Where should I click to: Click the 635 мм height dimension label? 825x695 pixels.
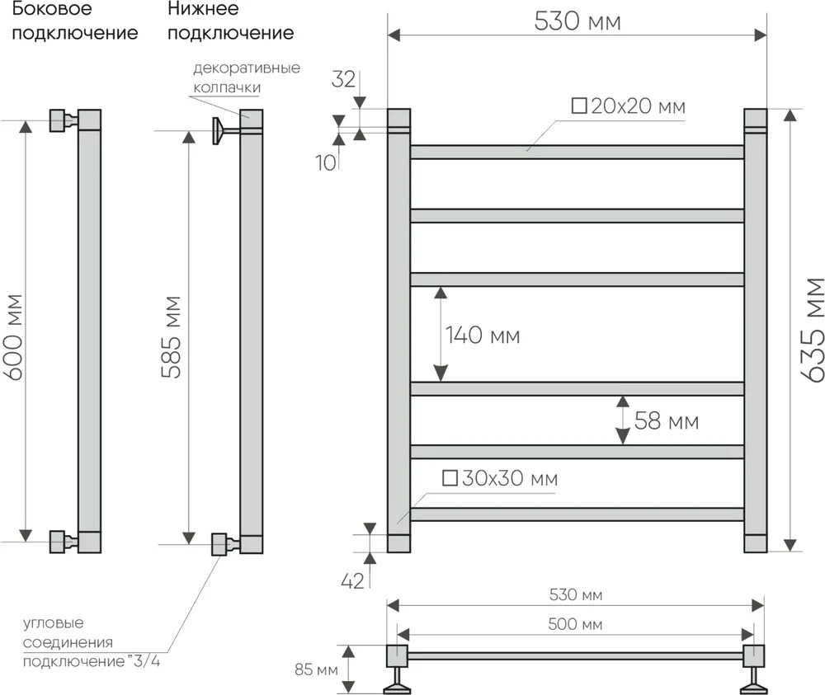(810, 330)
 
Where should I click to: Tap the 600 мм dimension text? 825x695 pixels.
(14, 337)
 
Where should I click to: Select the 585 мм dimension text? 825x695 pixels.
(171, 337)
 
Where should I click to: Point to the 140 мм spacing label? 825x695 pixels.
(483, 335)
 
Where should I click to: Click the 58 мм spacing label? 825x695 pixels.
(666, 421)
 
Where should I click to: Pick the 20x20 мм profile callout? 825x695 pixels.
(629, 106)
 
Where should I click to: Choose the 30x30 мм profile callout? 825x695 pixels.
(500, 478)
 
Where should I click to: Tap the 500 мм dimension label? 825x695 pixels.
(575, 624)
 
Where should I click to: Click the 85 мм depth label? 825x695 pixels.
(316, 669)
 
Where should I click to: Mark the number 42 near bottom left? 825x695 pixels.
(352, 581)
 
